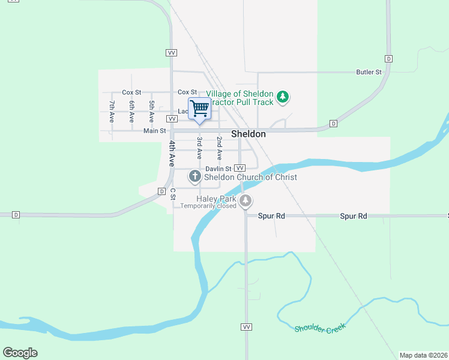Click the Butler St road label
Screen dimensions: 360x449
pos(369,72)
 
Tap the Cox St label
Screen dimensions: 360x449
pos(131,92)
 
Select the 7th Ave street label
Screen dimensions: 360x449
pos(112,112)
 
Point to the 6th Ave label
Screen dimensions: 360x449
pos(131,112)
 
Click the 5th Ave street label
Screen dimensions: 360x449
pos(152,112)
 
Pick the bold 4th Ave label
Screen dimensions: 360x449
pos(172,152)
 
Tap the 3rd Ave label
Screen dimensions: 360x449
pos(199,148)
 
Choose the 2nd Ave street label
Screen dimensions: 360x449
pos(220,148)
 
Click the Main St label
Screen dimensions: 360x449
pos(154,131)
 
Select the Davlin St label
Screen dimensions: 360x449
pos(218,169)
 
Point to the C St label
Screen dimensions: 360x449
pos(172,194)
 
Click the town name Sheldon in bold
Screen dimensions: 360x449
pos(249,134)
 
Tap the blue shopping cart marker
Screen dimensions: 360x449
pos(200,109)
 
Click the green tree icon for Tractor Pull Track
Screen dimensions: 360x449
pos(283,96)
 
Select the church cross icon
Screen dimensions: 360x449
pos(194,176)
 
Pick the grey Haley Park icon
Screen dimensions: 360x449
pos(246,200)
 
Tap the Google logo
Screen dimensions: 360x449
pos(20,353)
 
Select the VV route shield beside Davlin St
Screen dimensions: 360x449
pos(240,168)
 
